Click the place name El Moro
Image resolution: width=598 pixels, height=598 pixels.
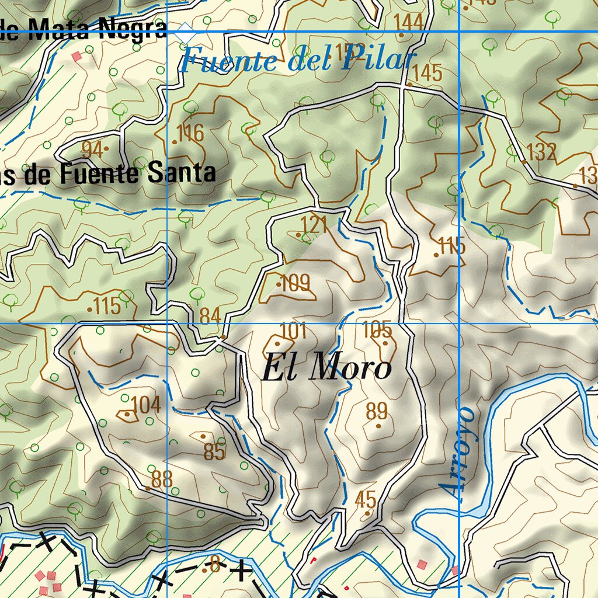326,368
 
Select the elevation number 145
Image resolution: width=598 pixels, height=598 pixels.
427,73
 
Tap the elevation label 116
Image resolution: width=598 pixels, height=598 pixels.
190,133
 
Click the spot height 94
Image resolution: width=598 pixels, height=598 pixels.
92,149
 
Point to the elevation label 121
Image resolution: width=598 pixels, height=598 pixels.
314,225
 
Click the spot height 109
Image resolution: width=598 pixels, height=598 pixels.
295,284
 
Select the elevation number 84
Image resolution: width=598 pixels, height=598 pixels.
210,316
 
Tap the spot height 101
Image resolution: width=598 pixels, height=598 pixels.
293,331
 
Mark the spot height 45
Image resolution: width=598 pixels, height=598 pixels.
366,499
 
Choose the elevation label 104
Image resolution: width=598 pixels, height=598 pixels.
145,404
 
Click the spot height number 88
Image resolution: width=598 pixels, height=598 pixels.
162,479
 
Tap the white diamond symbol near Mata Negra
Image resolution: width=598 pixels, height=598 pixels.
186,32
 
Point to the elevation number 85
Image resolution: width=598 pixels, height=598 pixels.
215,451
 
